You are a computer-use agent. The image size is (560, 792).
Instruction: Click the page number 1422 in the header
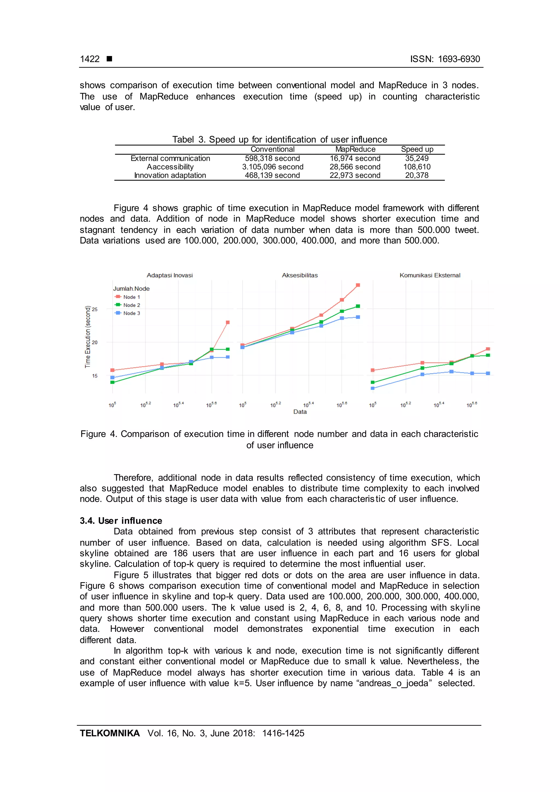tap(90, 59)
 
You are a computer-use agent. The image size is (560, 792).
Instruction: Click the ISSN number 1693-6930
tap(459, 59)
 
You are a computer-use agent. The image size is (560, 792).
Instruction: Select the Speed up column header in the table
tap(417, 149)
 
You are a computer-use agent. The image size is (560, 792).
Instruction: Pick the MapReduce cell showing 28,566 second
tap(355, 167)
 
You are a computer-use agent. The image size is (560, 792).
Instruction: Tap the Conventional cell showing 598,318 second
tap(272, 158)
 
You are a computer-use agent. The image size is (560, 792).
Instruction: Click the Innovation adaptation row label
tap(170, 175)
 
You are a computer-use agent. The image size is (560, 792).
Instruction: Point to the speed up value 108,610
tap(417, 167)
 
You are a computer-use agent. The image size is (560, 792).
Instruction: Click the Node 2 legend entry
tap(131, 305)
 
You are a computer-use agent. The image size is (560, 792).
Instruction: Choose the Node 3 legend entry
tap(131, 313)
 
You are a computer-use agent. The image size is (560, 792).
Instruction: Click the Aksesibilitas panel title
tap(300, 275)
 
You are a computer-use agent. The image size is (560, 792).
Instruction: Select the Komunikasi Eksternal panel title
tap(430, 275)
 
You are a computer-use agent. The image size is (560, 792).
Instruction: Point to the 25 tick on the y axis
tap(95, 309)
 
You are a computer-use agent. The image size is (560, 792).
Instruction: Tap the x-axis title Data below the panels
tap(300, 412)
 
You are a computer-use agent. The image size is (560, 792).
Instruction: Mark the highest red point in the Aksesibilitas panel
tap(358, 285)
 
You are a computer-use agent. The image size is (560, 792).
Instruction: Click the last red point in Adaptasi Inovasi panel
tap(227, 322)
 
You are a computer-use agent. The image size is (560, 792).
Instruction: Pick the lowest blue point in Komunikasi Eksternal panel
tap(372, 388)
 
